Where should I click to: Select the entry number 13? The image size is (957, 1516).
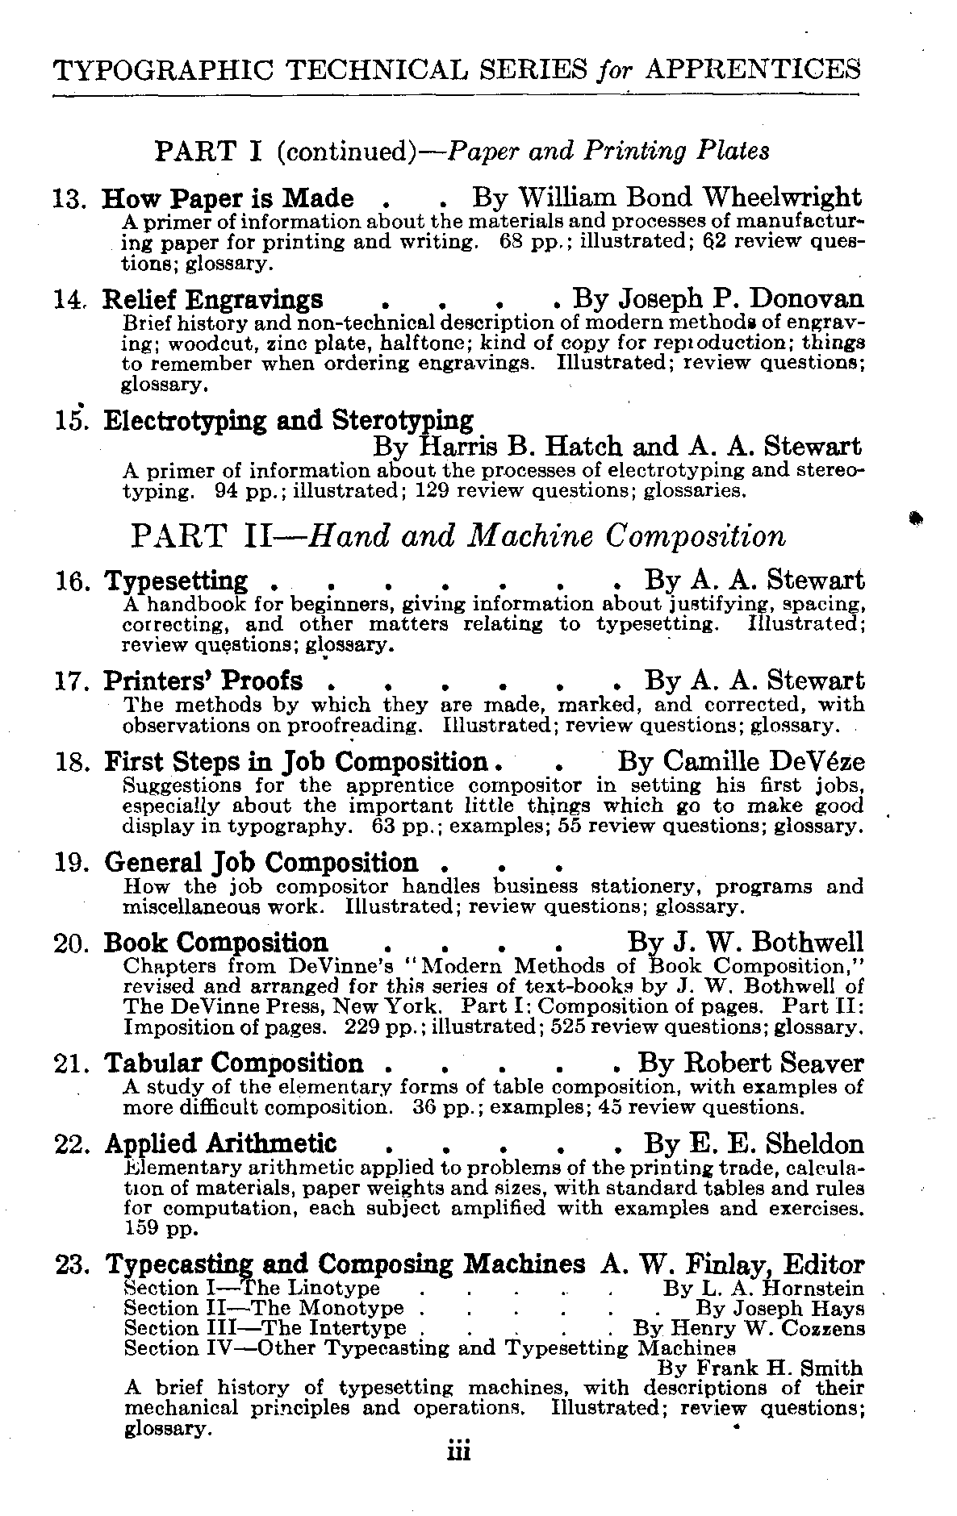(73, 198)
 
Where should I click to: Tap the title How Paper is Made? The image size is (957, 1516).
(228, 198)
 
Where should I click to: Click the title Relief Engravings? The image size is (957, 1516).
(213, 300)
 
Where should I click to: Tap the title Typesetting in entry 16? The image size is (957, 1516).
(177, 581)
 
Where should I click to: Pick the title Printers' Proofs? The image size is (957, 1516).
(203, 681)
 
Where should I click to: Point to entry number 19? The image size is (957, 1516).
(73, 864)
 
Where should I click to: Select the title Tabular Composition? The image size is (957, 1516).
(234, 1064)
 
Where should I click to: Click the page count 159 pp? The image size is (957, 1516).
(155, 1230)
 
